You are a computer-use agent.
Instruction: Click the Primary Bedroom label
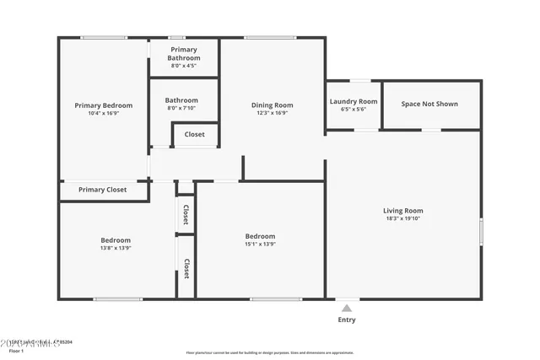point(103,105)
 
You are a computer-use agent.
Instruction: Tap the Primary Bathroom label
point(183,54)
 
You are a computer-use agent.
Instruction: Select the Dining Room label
point(273,105)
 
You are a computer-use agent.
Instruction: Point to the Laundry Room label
point(353,101)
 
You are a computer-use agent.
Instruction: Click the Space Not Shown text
point(429,104)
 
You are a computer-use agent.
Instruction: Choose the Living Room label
point(403,211)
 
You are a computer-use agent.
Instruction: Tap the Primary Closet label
point(102,190)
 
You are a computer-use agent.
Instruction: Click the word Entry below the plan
point(347,320)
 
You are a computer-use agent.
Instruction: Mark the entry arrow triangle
point(347,307)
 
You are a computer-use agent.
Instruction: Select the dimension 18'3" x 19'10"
point(403,219)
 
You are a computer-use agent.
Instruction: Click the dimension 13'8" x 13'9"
point(115,248)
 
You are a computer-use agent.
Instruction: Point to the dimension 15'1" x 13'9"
point(260,244)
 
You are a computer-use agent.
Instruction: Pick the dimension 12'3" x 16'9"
point(273,113)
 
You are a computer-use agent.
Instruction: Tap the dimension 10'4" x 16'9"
point(103,113)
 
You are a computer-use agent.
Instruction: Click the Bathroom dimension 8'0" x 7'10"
point(181,108)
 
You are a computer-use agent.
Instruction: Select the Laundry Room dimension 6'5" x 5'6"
point(353,110)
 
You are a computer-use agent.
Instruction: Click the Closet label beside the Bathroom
point(194,134)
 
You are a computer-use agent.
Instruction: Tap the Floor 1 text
point(17,350)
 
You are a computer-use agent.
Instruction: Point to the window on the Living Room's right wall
point(481,231)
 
